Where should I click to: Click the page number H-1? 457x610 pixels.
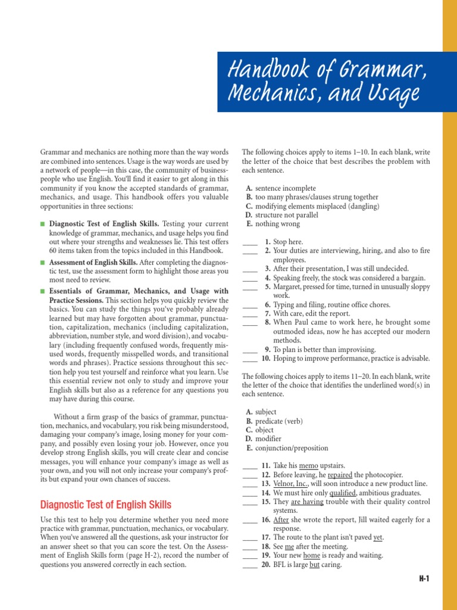click(423, 578)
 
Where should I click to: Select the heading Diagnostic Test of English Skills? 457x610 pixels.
click(105, 505)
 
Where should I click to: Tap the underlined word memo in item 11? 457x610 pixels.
click(309, 465)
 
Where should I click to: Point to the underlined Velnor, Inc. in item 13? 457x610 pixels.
click(292, 484)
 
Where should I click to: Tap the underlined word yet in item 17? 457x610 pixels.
click(378, 537)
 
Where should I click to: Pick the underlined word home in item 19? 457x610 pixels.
click(312, 555)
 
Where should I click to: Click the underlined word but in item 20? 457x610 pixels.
click(315, 565)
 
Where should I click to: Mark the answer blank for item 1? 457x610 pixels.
click(250, 242)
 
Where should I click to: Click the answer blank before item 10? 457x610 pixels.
click(250, 359)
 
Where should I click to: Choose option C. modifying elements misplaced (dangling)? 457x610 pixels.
click(312, 206)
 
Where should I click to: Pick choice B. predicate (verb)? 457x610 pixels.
click(276, 421)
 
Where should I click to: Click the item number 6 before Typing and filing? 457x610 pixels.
click(268, 304)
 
